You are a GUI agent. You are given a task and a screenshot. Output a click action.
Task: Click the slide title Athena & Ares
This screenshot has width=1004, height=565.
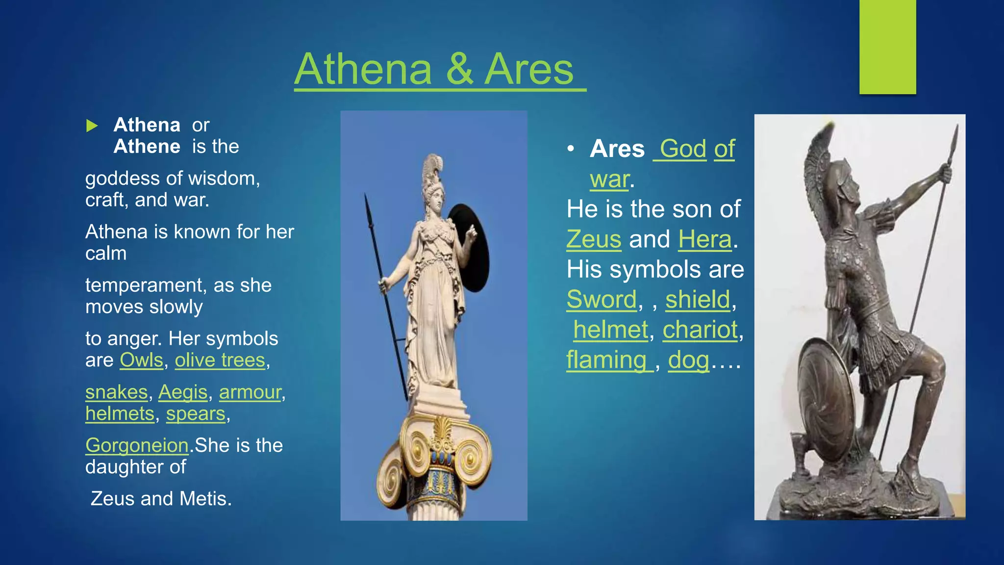point(440,70)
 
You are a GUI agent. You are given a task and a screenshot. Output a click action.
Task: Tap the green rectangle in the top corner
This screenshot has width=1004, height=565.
point(887,47)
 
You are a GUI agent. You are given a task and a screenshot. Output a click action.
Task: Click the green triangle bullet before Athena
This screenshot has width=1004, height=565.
point(92,126)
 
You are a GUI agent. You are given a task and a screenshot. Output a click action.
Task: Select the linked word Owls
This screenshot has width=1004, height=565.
point(141,360)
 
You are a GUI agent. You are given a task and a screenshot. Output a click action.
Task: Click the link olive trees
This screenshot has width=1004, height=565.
point(220,360)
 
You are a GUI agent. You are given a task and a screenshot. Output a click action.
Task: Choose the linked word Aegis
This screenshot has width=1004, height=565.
point(183,392)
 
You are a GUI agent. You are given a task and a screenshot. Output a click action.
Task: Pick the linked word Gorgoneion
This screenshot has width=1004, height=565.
point(137,445)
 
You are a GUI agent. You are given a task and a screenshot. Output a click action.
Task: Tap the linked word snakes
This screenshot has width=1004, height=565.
point(116,392)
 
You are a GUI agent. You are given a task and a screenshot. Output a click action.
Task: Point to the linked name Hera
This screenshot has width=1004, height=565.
point(704,239)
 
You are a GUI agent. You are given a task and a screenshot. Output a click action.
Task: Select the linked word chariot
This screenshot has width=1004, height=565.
point(700,330)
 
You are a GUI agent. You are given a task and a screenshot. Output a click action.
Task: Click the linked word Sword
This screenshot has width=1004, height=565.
point(601,300)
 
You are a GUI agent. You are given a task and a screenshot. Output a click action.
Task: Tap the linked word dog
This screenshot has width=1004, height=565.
point(688,360)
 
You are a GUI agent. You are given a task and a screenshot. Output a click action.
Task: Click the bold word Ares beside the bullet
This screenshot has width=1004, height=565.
point(617,149)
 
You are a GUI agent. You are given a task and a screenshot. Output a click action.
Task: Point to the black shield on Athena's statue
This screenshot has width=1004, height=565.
point(470,248)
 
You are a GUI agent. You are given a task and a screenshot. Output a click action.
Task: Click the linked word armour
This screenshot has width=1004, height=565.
point(250,392)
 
